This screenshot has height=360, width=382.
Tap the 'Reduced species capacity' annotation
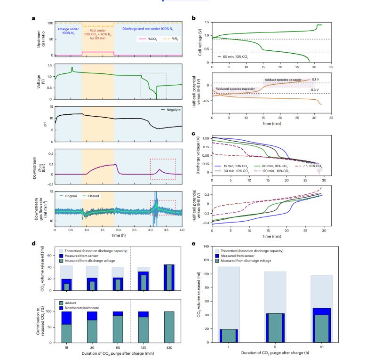pyautogui.click(x=235, y=88)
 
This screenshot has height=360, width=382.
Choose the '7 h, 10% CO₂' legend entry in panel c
pyautogui.click(x=310, y=166)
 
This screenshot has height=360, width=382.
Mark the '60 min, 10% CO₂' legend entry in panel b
pyautogui.click(x=236, y=56)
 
